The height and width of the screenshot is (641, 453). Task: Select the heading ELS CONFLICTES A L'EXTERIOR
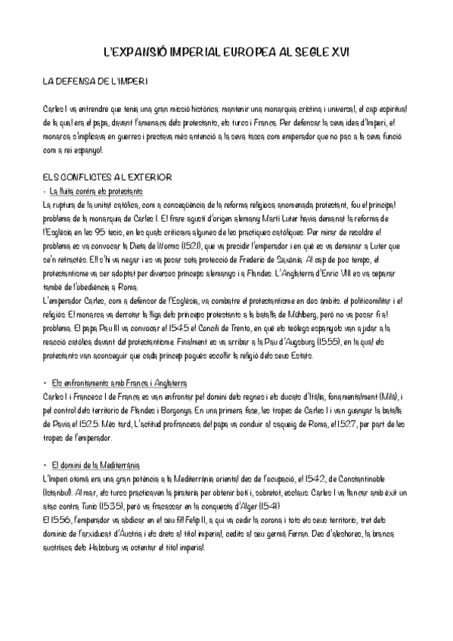tap(108, 176)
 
